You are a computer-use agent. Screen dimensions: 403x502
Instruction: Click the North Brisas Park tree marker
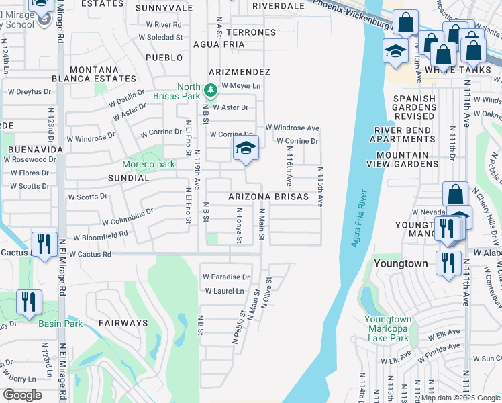pyautogui.click(x=210, y=89)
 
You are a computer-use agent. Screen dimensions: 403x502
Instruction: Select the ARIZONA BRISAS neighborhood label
pyautogui.click(x=268, y=197)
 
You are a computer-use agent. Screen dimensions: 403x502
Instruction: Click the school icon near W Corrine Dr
pyautogui.click(x=246, y=148)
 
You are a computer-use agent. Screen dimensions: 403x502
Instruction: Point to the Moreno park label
pyautogui.click(x=148, y=164)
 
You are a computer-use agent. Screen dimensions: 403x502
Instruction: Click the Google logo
pyautogui.click(x=23, y=394)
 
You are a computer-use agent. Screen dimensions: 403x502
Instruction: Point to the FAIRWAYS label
pyautogui.click(x=123, y=323)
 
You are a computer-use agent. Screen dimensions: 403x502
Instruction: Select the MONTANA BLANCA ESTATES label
pyautogui.click(x=103, y=74)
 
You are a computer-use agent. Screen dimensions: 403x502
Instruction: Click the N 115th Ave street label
pyautogui.click(x=321, y=187)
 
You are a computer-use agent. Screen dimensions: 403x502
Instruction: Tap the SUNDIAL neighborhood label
pyautogui.click(x=128, y=179)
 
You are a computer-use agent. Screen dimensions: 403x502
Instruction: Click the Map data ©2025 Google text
pyautogui.click(x=460, y=398)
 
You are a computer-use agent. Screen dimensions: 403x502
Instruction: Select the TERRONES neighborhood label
pyautogui.click(x=251, y=32)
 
